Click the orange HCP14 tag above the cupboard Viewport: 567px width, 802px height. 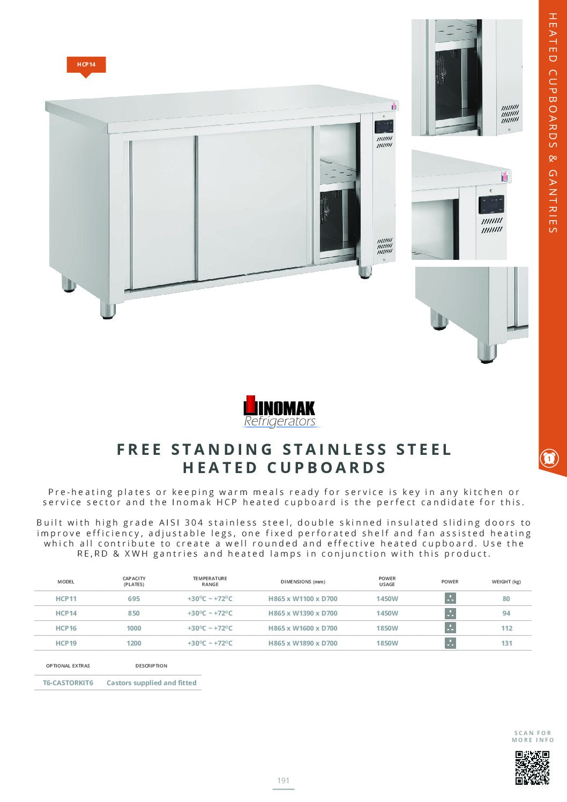coord(86,64)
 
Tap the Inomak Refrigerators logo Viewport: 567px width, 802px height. coord(279,412)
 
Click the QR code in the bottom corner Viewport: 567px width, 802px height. coord(532,768)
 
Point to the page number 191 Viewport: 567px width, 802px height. coord(283,781)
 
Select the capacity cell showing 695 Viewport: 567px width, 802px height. coord(134,599)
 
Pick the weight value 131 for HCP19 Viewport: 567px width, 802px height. coord(506,643)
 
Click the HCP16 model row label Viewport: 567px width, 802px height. coord(66,628)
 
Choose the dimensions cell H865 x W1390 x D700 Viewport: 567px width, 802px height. coord(303,613)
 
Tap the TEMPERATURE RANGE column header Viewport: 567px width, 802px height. coord(210,581)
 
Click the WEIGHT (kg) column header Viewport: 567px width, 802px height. coord(506,582)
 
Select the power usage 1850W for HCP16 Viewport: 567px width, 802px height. coord(387,628)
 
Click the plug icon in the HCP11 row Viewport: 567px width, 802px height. coord(450,598)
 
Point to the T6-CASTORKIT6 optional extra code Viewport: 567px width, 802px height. coord(68,683)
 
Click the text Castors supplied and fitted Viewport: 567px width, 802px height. coord(152,683)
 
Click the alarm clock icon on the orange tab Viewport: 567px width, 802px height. coord(549,459)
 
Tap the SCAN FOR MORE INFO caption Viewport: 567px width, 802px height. coord(533,737)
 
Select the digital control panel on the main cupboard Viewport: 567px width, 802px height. coord(384,127)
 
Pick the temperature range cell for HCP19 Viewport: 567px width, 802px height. coord(210,643)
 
